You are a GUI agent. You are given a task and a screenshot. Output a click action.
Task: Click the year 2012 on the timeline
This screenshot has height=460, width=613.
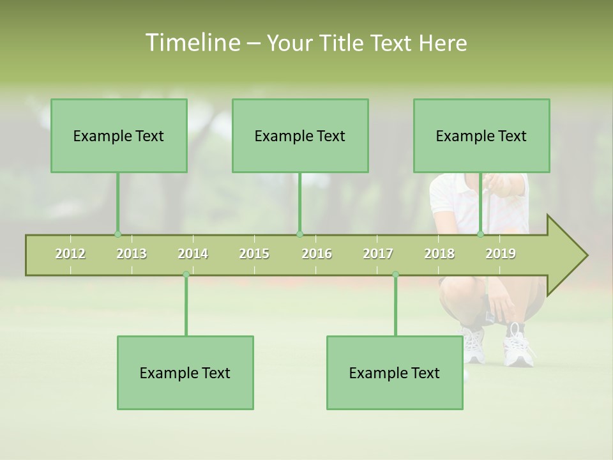(x=70, y=254)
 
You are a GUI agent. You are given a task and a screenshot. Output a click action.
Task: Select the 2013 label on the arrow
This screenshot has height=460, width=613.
(x=132, y=254)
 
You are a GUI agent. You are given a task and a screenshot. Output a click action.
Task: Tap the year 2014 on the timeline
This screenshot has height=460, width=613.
(x=193, y=254)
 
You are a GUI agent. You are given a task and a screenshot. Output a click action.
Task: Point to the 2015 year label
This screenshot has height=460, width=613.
(x=254, y=254)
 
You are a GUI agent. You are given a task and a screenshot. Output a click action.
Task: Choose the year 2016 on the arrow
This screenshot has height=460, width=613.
(x=317, y=254)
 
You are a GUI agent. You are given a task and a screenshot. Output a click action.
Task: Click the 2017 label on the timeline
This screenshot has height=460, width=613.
(x=378, y=254)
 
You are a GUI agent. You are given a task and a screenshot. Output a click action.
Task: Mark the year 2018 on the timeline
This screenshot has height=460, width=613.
(x=439, y=254)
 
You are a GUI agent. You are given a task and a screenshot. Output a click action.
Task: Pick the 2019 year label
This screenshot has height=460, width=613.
(x=501, y=254)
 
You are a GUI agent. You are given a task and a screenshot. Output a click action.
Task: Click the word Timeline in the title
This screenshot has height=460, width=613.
(x=192, y=43)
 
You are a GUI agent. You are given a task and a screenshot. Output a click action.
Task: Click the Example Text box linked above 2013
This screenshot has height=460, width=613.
(x=119, y=135)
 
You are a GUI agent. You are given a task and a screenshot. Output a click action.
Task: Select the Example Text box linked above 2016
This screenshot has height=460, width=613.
(x=300, y=135)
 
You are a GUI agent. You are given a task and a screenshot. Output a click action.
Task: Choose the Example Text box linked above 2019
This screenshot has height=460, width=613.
(x=481, y=135)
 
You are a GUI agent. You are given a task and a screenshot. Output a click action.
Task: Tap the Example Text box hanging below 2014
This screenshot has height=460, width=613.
(x=185, y=372)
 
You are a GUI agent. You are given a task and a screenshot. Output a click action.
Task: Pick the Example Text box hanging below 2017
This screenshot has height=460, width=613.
(x=395, y=372)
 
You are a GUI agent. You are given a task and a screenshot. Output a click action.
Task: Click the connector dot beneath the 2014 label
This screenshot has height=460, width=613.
(x=186, y=275)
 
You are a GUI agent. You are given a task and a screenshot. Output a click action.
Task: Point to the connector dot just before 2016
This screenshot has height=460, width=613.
(x=300, y=234)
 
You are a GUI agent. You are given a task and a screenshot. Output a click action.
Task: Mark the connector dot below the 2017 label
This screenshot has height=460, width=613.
(x=395, y=275)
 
